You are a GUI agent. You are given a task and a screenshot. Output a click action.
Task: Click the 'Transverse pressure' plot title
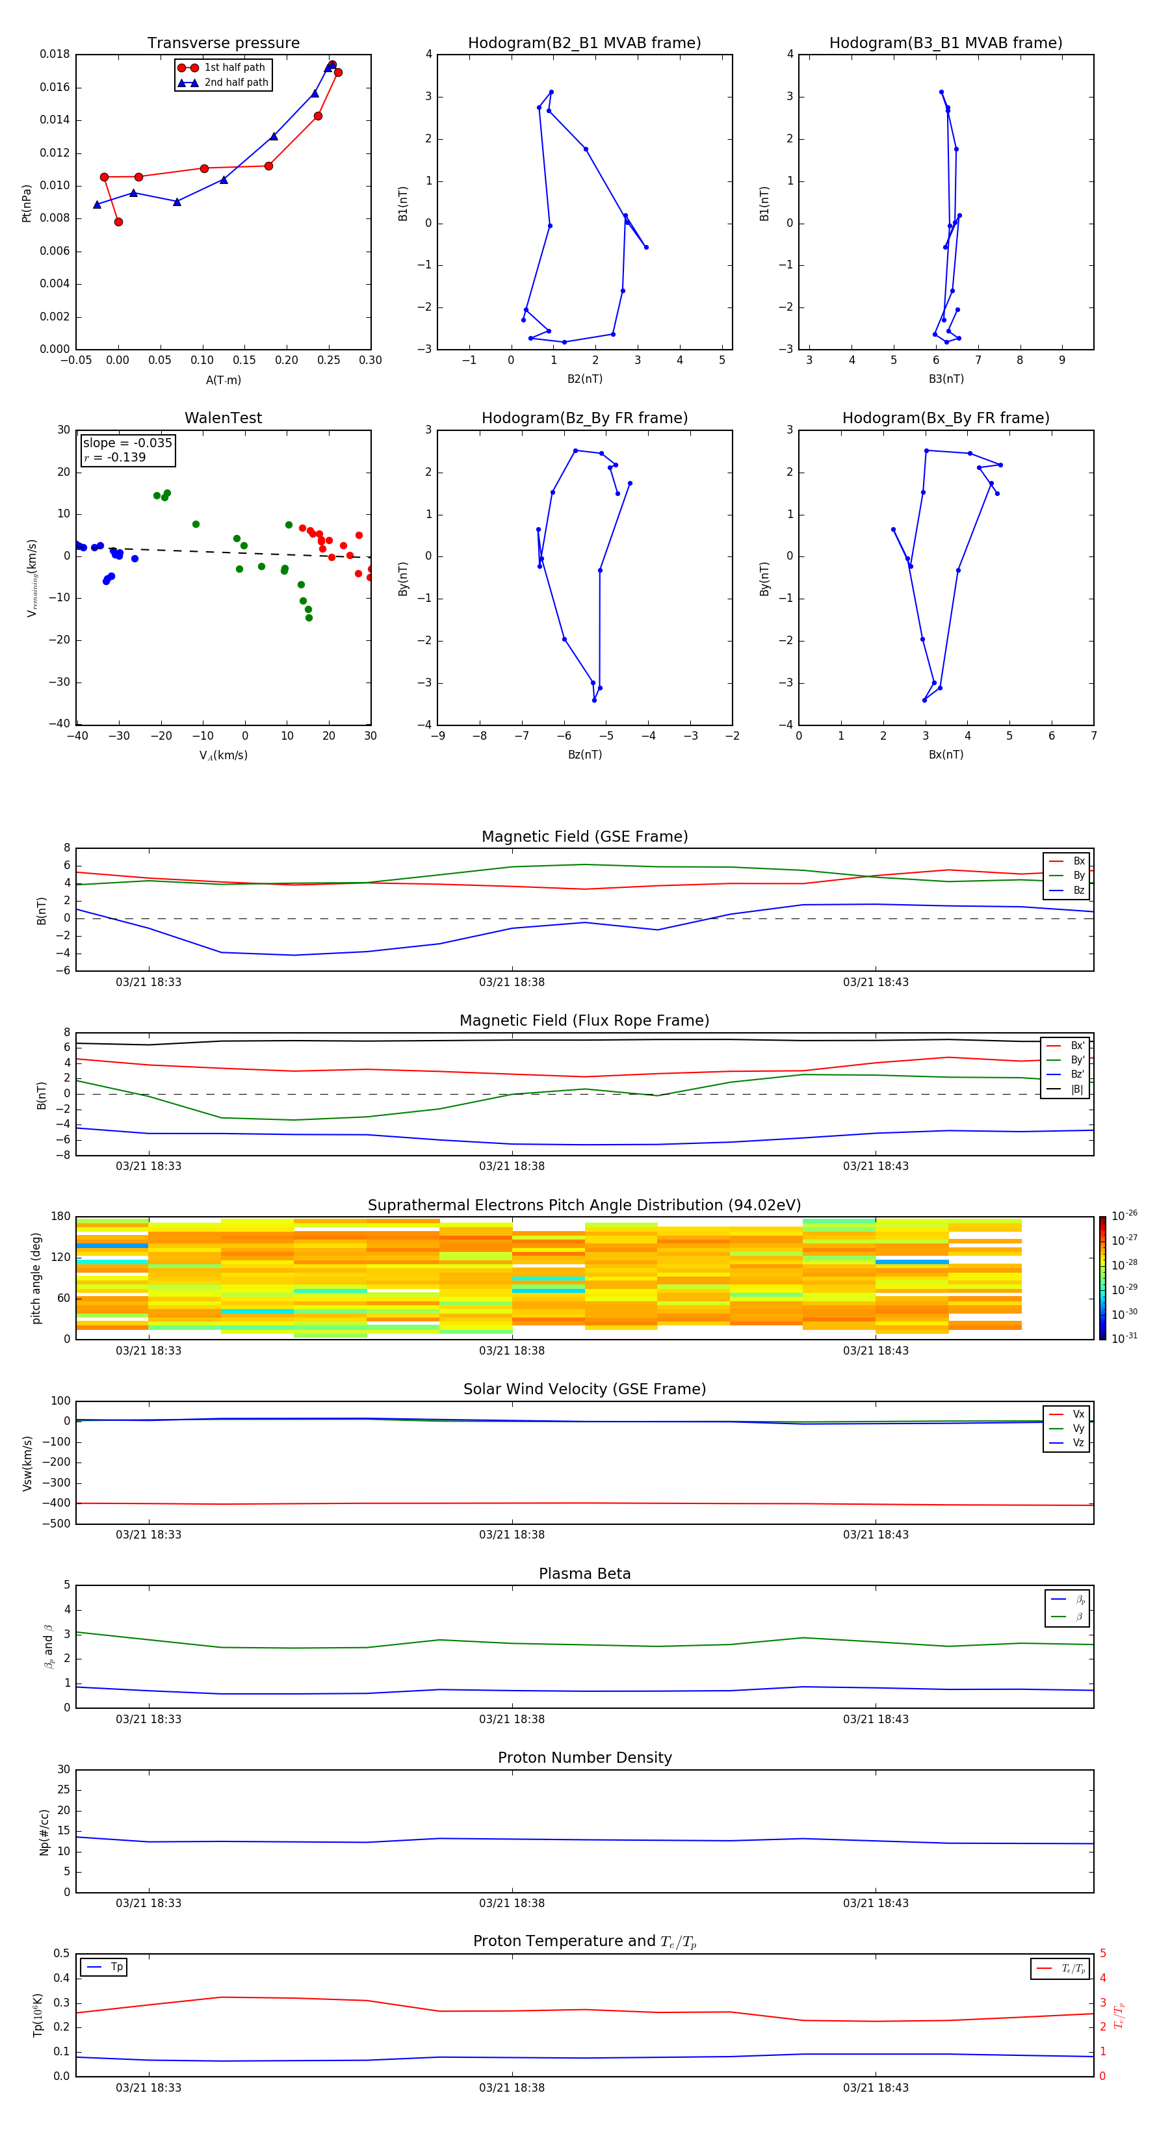(x=223, y=44)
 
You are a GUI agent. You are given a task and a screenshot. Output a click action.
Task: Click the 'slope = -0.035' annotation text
(x=127, y=443)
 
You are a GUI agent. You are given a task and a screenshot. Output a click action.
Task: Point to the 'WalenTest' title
(x=223, y=418)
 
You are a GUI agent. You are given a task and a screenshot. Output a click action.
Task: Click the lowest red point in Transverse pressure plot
(x=118, y=222)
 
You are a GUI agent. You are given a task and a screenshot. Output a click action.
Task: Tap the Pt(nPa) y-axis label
(x=26, y=203)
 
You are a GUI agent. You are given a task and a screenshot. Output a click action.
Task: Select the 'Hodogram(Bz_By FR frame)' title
(x=584, y=418)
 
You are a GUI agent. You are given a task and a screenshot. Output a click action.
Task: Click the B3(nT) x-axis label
(x=946, y=379)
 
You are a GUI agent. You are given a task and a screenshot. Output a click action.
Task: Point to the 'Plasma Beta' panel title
(x=584, y=1574)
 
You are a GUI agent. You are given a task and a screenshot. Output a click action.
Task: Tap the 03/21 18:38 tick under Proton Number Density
(x=512, y=1903)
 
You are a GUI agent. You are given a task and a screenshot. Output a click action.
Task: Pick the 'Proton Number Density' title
(x=584, y=1758)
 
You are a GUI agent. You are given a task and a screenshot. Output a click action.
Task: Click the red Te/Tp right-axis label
(x=1119, y=2015)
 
